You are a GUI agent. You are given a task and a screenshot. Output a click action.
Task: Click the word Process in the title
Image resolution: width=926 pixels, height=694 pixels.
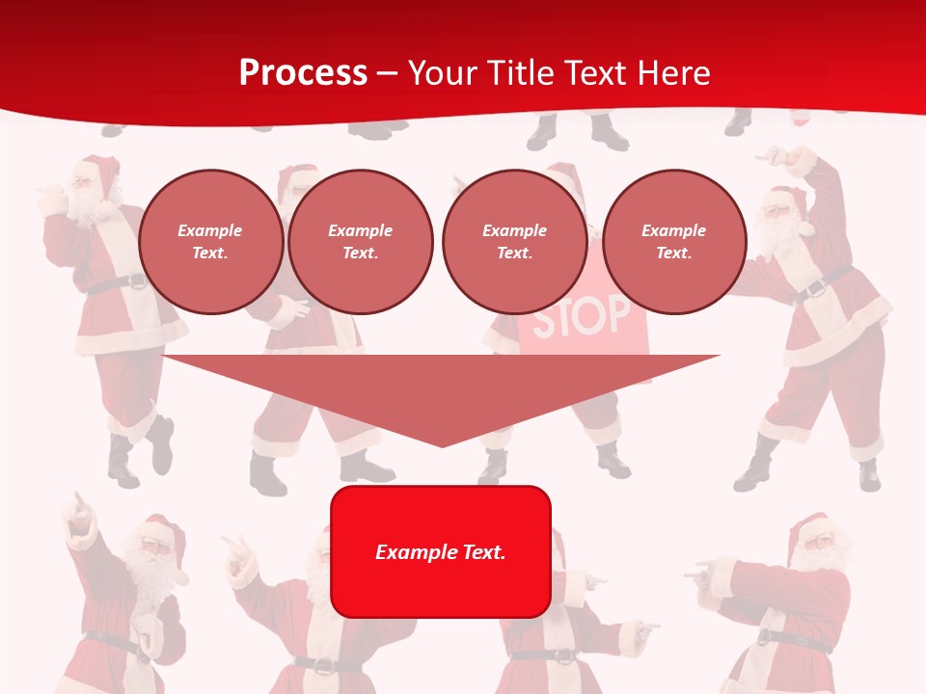pyautogui.click(x=303, y=72)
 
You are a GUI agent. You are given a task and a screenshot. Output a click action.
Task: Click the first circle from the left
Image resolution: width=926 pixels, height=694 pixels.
pyautogui.click(x=210, y=241)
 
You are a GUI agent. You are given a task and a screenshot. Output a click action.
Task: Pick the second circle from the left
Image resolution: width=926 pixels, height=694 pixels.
pyautogui.click(x=360, y=241)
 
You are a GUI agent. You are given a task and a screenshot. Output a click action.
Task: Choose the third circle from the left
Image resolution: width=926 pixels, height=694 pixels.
pyautogui.click(x=514, y=241)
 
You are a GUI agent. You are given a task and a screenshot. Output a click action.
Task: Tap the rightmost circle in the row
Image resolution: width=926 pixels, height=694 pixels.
pyautogui.click(x=673, y=241)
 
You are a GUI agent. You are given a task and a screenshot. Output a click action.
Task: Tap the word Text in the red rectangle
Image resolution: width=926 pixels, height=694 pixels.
pyautogui.click(x=481, y=552)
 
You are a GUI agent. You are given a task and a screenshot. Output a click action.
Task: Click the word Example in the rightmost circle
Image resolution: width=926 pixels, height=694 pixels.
pyautogui.click(x=673, y=230)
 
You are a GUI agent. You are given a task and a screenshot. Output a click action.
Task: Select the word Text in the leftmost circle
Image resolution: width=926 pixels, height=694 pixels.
pyautogui.click(x=210, y=253)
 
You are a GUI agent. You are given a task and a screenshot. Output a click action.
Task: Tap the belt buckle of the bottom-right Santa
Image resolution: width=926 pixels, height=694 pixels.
pyautogui.click(x=766, y=637)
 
